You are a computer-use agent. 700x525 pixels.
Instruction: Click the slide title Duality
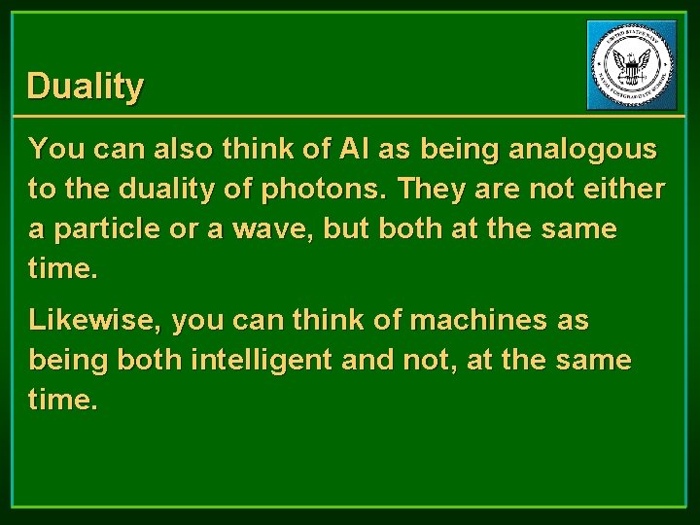pyautogui.click(x=86, y=87)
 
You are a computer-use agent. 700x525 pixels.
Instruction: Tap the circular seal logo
pyautogui.click(x=632, y=65)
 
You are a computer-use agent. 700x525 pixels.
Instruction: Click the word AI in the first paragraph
pyautogui.click(x=356, y=149)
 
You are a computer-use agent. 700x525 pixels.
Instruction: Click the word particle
pyautogui.click(x=99, y=230)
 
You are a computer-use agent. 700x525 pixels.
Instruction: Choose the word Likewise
pyautogui.click(x=94, y=320)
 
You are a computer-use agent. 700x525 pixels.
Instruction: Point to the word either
pyautogui.click(x=627, y=190)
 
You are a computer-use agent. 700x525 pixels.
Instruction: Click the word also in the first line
pyautogui.click(x=188, y=149)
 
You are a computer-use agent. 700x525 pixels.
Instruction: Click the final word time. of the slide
pyautogui.click(x=64, y=400)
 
